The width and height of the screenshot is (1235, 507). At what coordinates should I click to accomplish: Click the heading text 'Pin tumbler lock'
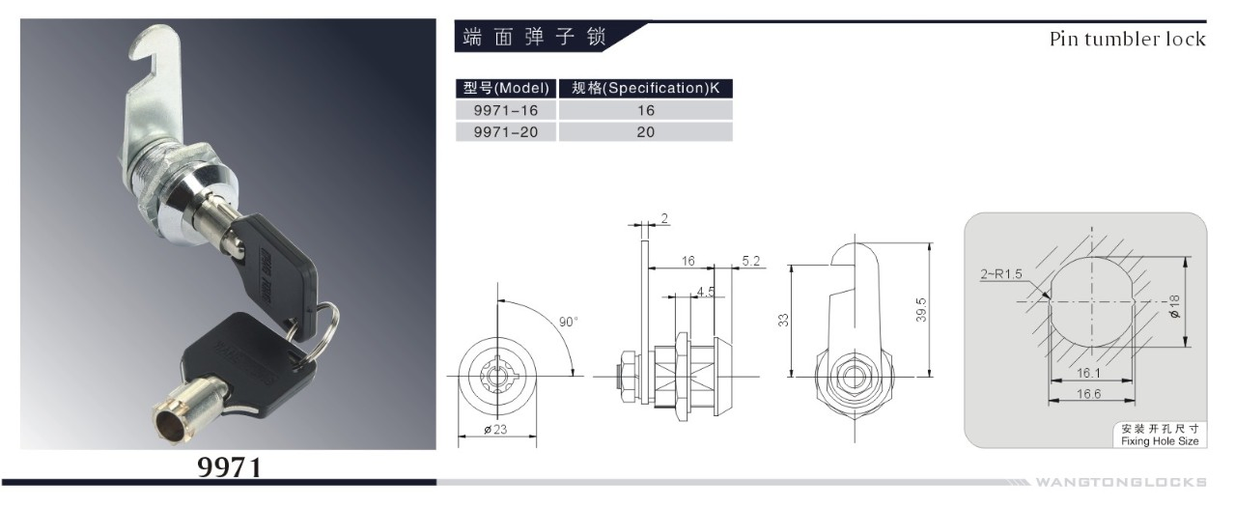pyautogui.click(x=1127, y=39)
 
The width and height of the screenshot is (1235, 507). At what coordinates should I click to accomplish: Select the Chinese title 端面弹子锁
pyautogui.click(x=533, y=39)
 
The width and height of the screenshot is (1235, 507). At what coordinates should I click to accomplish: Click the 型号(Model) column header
pyautogui.click(x=506, y=88)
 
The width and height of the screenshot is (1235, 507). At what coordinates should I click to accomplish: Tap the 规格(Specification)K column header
pyautogui.click(x=645, y=88)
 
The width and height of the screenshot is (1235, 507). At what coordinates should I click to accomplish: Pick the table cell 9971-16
pyautogui.click(x=506, y=110)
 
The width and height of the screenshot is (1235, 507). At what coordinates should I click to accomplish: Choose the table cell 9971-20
pyautogui.click(x=506, y=132)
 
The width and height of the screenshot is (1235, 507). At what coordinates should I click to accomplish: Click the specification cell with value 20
pyautogui.click(x=645, y=132)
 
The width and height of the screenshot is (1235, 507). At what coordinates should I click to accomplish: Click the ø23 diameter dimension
pyautogui.click(x=497, y=431)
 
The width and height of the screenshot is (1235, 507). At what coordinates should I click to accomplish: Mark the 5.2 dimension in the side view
pyautogui.click(x=751, y=261)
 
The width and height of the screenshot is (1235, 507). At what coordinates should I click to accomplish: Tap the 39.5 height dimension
pyautogui.click(x=922, y=309)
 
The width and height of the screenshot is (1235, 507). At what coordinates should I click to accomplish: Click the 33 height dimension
pyautogui.click(x=784, y=319)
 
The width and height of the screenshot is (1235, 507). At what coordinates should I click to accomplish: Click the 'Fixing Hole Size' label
pyautogui.click(x=1160, y=440)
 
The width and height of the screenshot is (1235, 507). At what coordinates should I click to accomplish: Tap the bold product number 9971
pyautogui.click(x=230, y=467)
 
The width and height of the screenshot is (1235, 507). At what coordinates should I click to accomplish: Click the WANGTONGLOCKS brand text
pyautogui.click(x=1120, y=482)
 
